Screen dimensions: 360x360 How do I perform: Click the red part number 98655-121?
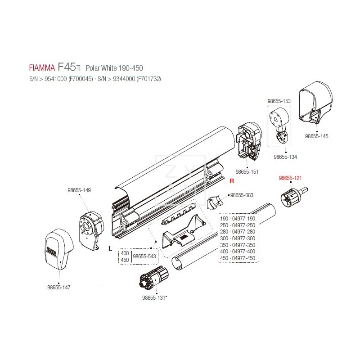290,178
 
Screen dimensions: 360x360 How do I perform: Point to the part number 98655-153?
279,102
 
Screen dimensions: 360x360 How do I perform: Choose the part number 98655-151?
247,172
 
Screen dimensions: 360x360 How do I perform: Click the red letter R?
232,182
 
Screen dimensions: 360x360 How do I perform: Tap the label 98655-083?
242,195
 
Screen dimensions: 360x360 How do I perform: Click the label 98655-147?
59,287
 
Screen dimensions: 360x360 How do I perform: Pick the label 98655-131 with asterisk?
154,297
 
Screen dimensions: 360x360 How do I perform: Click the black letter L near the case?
110,248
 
